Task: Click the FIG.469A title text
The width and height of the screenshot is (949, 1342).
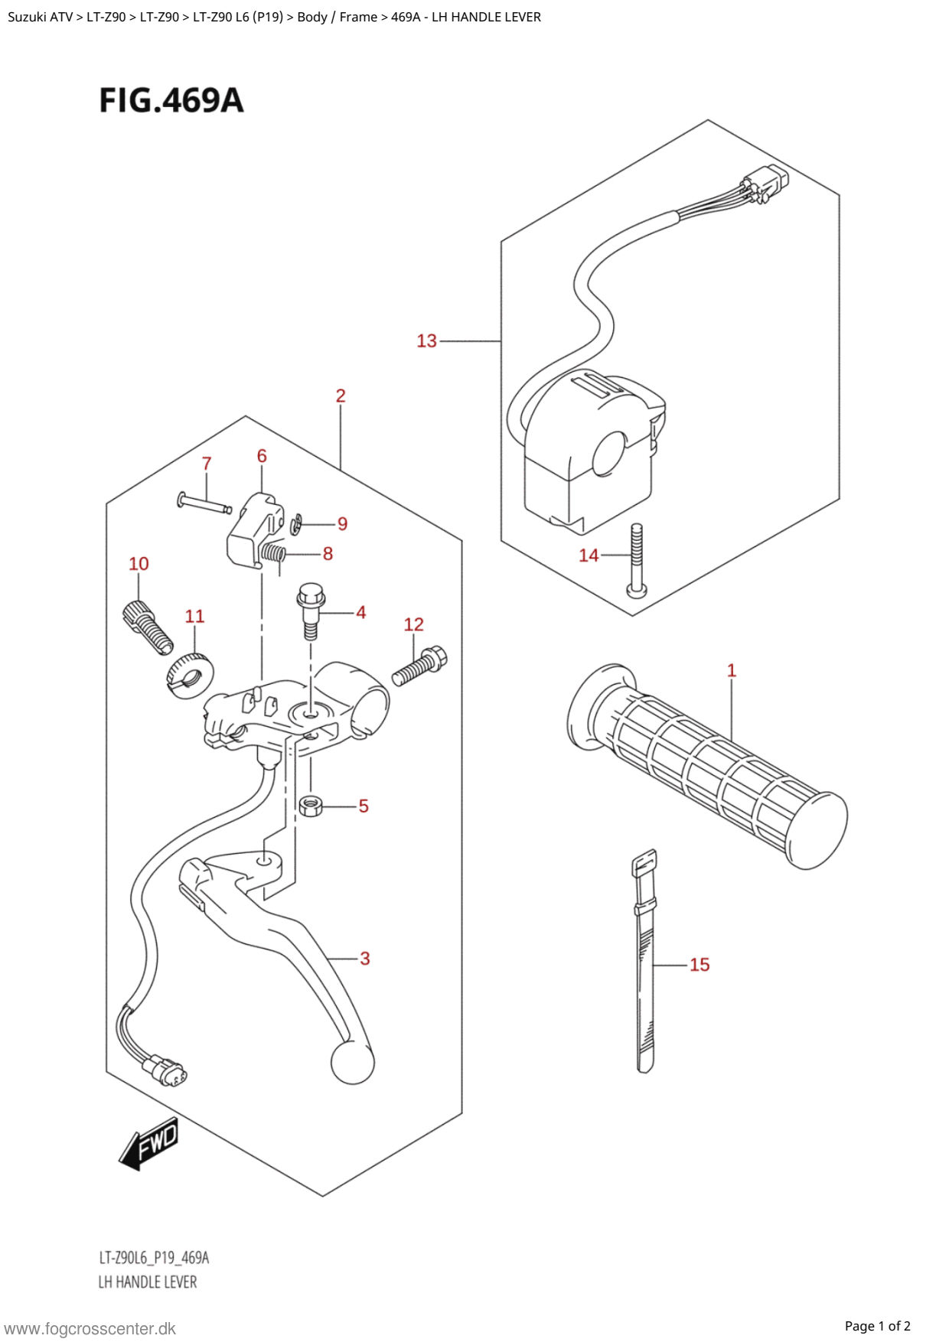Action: point(171,101)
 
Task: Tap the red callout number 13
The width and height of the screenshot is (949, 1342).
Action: point(426,340)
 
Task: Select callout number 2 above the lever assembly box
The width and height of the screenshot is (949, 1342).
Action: point(341,396)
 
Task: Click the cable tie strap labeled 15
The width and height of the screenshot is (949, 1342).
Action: point(644,961)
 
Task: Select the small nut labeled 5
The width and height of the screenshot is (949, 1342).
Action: point(311,806)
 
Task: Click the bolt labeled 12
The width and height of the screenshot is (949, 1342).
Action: point(419,665)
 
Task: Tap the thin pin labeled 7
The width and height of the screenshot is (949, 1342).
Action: point(204,503)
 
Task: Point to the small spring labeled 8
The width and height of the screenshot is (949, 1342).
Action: point(273,552)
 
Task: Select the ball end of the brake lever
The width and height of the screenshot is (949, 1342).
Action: point(353,1062)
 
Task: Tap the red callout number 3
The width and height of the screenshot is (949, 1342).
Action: point(365,958)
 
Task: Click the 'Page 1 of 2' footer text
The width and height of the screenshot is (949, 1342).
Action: point(878,1326)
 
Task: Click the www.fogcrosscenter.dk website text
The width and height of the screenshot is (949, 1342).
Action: point(90,1329)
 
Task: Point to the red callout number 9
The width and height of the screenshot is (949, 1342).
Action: point(342,523)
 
